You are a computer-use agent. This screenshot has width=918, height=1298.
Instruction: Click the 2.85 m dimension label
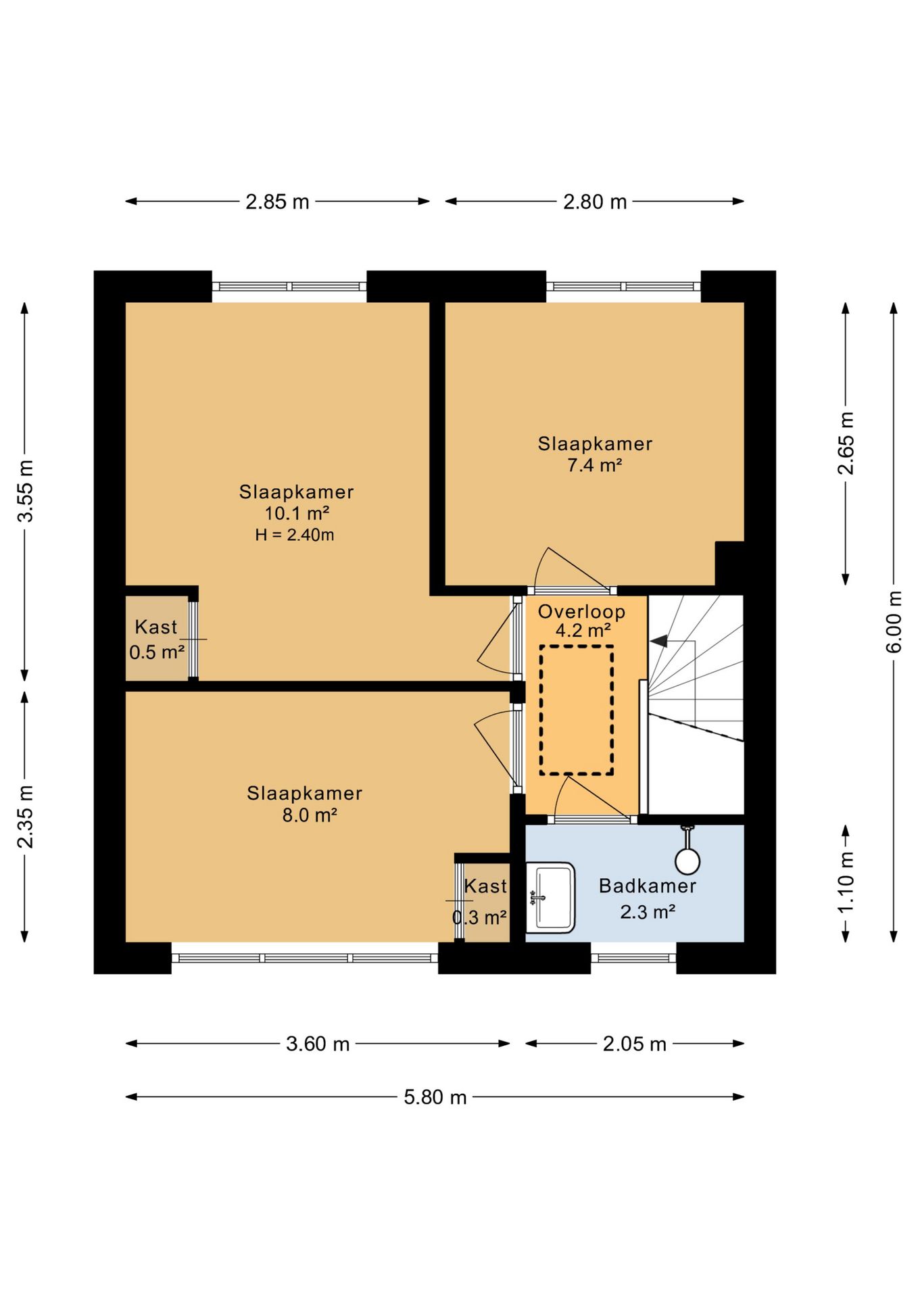[x=277, y=201]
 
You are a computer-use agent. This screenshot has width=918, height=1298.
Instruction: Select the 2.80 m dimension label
[x=595, y=201]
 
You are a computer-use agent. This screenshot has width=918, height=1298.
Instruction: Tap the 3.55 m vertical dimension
[x=26, y=491]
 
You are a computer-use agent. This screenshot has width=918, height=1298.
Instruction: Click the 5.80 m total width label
[x=435, y=1097]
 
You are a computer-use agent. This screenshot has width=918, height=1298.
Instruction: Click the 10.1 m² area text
[x=297, y=513]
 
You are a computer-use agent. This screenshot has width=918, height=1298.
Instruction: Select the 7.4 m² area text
[x=594, y=465]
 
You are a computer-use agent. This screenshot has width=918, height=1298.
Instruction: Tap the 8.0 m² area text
[x=310, y=815]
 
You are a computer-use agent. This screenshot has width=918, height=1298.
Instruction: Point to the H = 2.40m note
[x=295, y=535]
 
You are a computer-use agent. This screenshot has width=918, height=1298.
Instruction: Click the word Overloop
[x=581, y=612]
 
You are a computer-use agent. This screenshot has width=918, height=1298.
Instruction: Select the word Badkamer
[x=648, y=886]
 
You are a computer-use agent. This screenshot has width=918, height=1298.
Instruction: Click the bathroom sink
[x=550, y=898]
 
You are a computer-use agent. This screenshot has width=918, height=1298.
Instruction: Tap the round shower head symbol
[x=687, y=861]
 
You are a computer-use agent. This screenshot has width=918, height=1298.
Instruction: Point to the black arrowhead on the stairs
[x=658, y=641]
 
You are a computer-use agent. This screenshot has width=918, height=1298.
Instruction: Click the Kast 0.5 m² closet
[x=157, y=638]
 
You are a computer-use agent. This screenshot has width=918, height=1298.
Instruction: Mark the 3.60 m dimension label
[x=318, y=1044]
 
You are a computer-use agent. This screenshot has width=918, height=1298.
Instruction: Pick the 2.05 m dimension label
[x=635, y=1044]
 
